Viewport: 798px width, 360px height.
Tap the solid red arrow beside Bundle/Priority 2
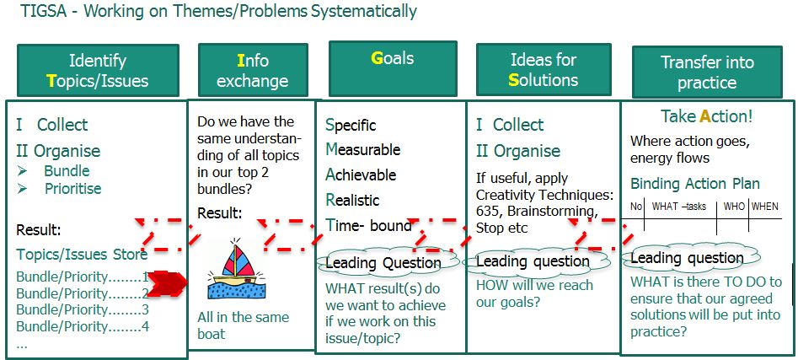pos(169,283)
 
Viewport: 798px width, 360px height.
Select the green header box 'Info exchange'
pos(253,70)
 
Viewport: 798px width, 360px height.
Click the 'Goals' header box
pos(393,68)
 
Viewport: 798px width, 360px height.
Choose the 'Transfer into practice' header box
pos(707,72)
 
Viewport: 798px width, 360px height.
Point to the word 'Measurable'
pos(363,150)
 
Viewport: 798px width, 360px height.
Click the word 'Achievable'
pos(361,175)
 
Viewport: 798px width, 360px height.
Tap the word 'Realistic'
pos(352,200)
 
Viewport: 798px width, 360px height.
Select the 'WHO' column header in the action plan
pos(733,207)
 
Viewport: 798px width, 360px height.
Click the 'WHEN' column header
pos(765,207)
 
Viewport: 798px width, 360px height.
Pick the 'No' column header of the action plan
pos(637,207)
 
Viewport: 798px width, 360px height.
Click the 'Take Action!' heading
pos(706,116)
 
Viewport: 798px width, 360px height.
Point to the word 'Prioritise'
pos(73,189)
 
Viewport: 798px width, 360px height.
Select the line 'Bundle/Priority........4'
pos(83,326)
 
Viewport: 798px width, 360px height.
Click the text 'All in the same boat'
pos(243,325)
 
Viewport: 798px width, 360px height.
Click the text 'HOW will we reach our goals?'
pos(534,293)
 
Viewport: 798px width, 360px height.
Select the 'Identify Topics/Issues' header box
pos(98,70)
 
